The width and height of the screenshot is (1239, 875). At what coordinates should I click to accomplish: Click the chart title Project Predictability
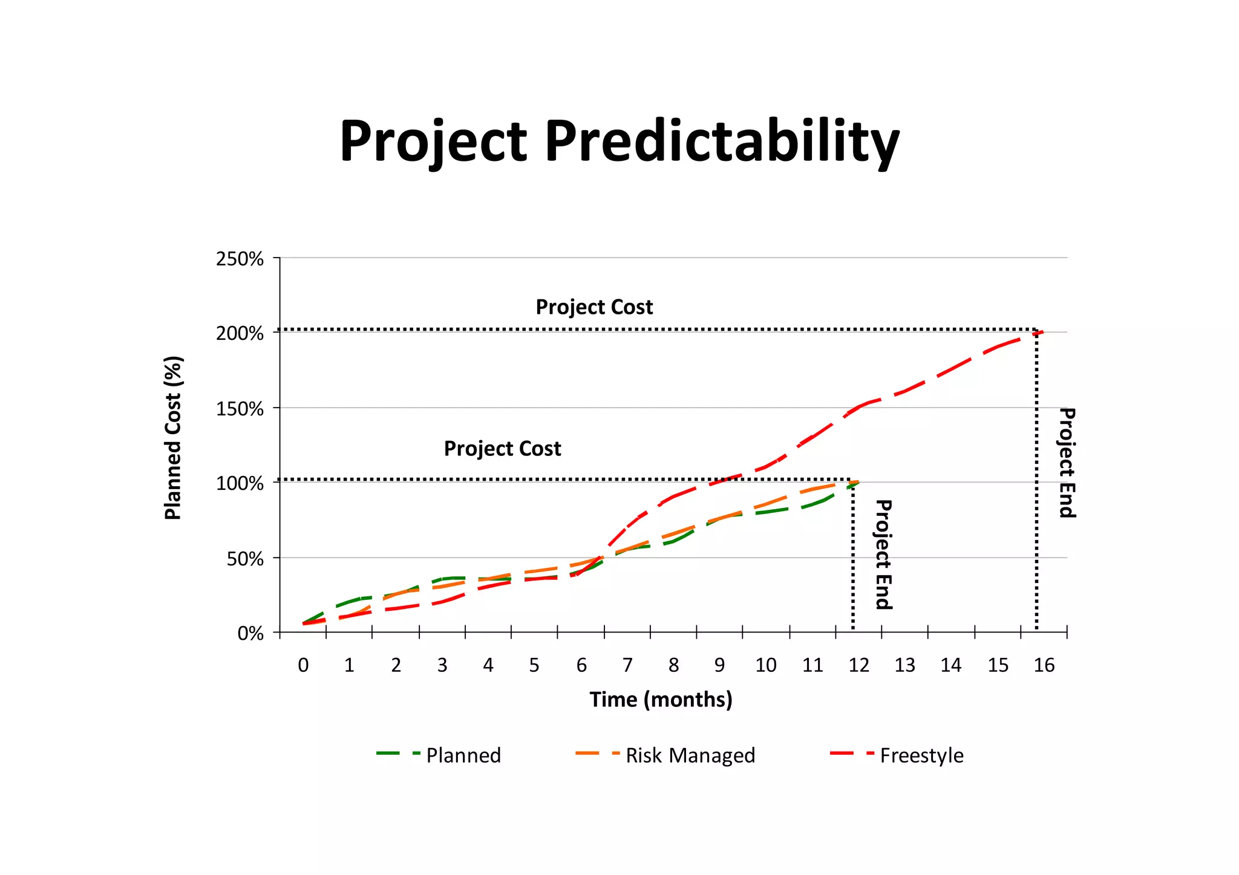coord(619,141)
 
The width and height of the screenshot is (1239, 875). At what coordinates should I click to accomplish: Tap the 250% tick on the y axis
coord(240,259)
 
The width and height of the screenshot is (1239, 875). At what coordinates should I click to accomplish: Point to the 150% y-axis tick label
coord(240,409)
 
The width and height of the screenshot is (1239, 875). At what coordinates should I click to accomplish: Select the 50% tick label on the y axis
coord(245,559)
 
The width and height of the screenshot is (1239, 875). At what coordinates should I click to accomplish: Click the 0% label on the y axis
coord(250,634)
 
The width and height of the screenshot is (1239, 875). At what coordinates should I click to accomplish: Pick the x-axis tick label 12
coord(858,665)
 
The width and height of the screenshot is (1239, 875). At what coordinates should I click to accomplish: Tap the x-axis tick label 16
coord(1044,665)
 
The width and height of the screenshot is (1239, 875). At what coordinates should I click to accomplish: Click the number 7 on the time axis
coord(627,665)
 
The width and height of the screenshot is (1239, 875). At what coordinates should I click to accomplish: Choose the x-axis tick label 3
coord(442,665)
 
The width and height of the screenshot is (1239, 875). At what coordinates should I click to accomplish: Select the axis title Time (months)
coord(661,700)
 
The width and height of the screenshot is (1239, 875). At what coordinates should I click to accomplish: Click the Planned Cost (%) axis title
coord(173,438)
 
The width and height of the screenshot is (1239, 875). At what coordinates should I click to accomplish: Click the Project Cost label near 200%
coord(594,307)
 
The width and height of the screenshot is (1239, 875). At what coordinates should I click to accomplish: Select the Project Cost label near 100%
coord(502,449)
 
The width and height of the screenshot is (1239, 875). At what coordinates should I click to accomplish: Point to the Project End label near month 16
coord(1067,463)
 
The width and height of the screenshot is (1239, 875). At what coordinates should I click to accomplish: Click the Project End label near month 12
coord(884,555)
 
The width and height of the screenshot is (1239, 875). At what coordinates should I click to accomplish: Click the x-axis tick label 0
coord(303,665)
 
